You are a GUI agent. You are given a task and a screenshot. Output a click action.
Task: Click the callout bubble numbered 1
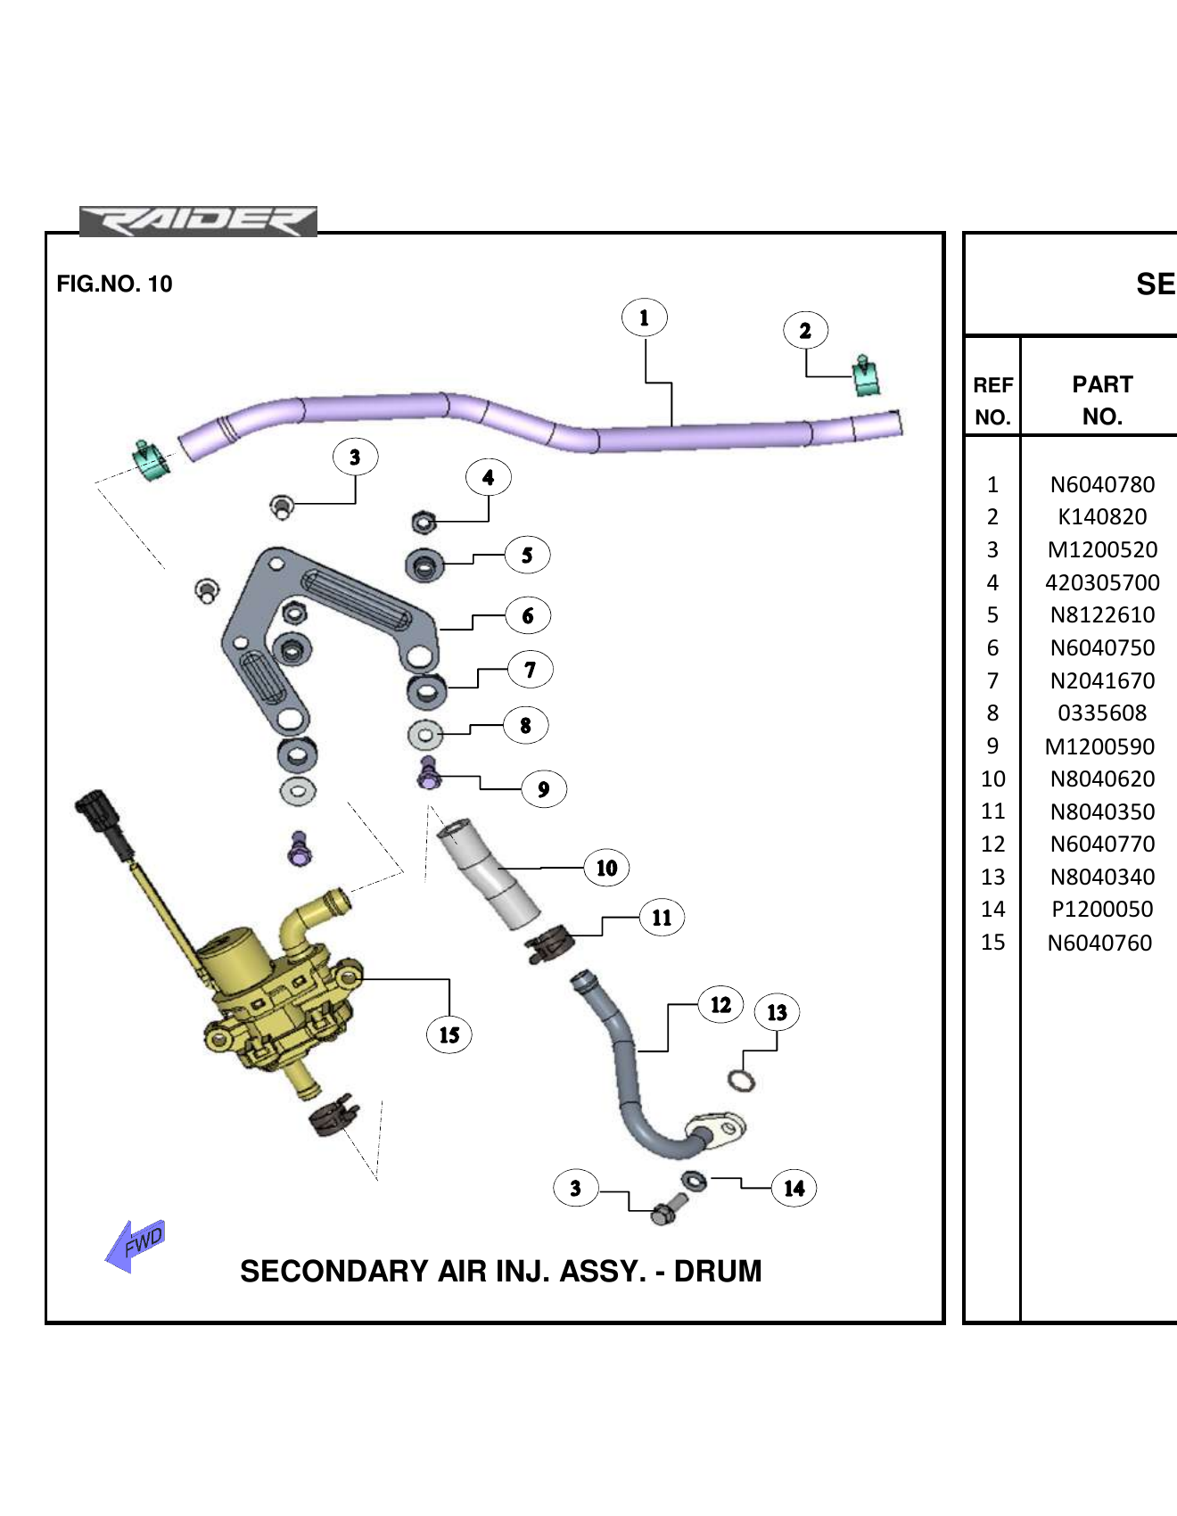point(644,317)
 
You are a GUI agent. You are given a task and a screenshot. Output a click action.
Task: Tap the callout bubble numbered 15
point(449,1034)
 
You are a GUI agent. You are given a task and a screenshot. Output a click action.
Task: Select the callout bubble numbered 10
point(606,868)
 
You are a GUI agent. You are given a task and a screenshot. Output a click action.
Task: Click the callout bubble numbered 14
point(794,1188)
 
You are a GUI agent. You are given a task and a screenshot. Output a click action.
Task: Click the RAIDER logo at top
point(198,221)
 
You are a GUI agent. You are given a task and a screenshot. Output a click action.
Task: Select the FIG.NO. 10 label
point(114,284)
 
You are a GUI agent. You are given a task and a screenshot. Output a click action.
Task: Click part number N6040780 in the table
point(1102,484)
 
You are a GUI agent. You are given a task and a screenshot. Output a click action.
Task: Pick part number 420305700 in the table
point(1102,582)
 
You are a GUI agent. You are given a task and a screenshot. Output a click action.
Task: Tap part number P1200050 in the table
point(1102,909)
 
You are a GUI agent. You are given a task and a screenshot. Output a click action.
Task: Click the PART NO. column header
point(1102,400)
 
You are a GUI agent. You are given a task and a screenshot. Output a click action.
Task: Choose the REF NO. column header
point(992,400)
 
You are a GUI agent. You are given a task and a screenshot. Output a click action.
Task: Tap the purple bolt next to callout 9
point(429,773)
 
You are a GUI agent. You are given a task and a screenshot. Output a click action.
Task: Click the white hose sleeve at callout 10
point(488,872)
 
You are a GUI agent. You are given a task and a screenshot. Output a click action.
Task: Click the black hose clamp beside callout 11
point(549,943)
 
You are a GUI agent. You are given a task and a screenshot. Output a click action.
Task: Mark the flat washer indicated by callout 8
point(425,735)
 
